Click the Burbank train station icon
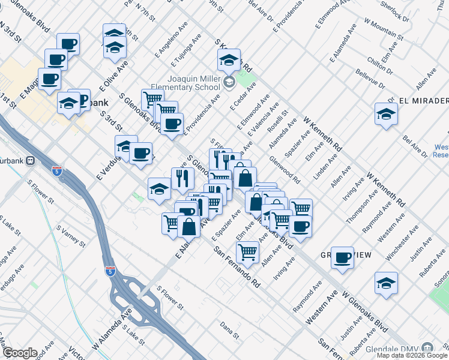pos(31,161)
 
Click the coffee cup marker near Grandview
pos(342,258)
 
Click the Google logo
pos(20,353)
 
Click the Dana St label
pos(229,328)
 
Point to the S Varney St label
pos(71,238)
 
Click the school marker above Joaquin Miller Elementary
pos(229,60)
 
